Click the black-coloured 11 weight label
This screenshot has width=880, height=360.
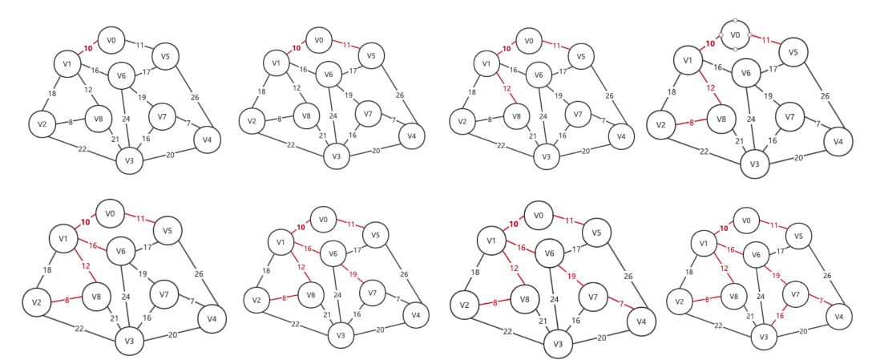pos(139,45)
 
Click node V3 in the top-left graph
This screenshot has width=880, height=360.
pos(128,161)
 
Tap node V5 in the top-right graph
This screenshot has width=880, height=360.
pos(793,52)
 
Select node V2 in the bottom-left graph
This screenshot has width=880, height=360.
pos(36,304)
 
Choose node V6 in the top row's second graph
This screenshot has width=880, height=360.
pos(329,75)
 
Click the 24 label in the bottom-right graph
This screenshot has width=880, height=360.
pos(760,295)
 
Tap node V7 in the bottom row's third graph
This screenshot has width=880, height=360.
pos(594,297)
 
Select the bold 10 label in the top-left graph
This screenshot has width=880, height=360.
pos(88,48)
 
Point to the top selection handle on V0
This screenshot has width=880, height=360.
pos(734,20)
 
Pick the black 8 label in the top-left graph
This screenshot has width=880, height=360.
pos(71,121)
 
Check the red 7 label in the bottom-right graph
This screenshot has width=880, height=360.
pos(820,298)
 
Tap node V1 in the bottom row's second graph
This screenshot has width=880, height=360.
pos(281,241)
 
